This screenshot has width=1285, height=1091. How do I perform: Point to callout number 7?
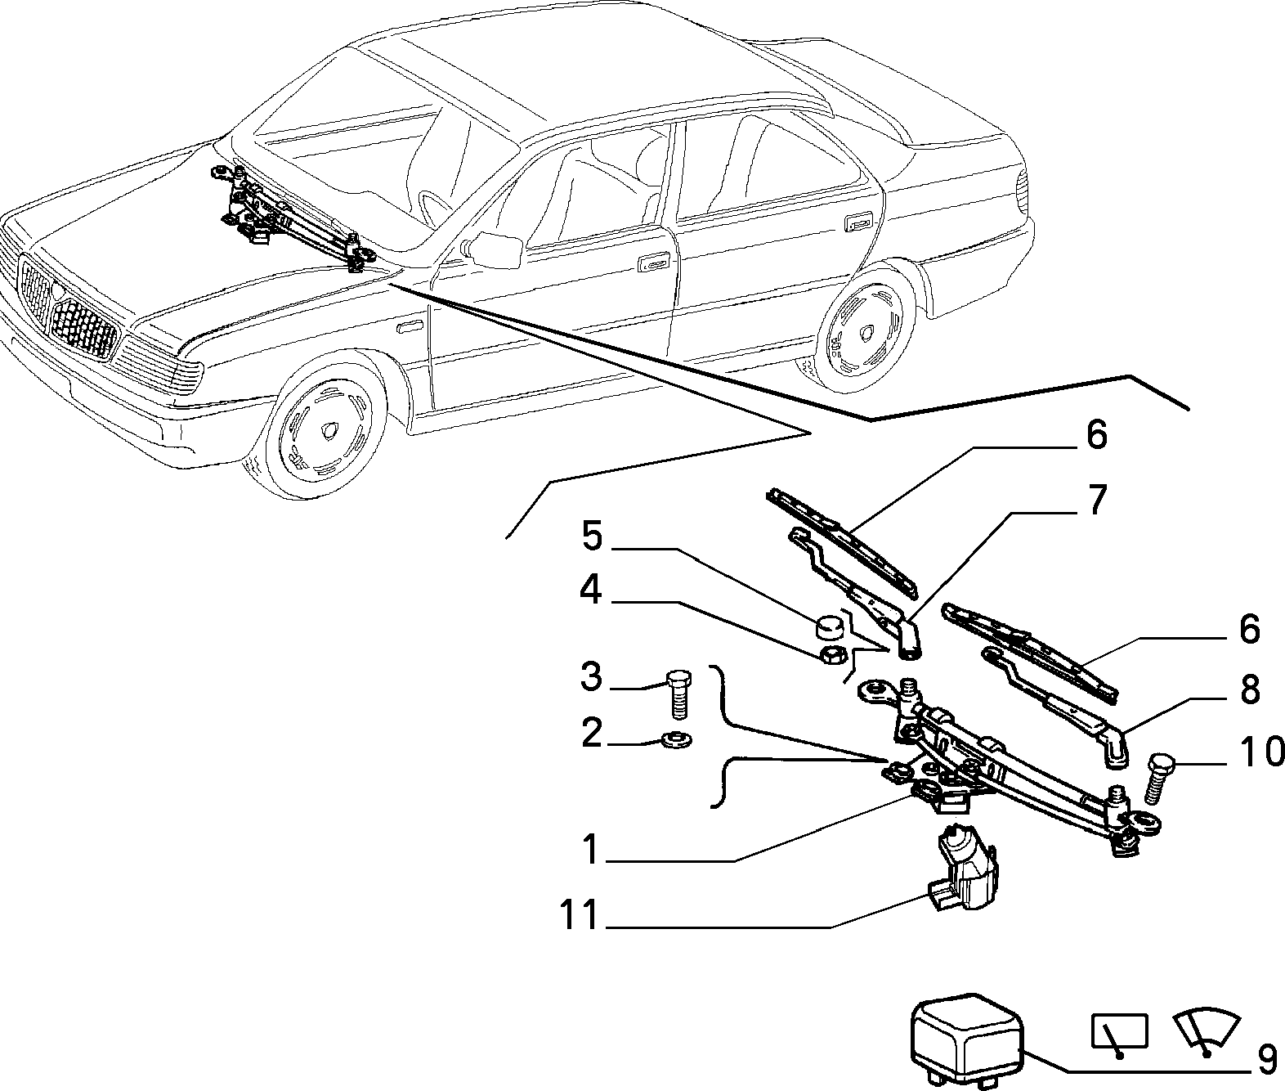pyautogui.click(x=1097, y=500)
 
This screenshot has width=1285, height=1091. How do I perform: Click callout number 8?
pyautogui.click(x=1249, y=689)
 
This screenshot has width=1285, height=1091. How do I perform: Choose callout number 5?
pyautogui.click(x=593, y=536)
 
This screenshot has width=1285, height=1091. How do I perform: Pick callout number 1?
pyautogui.click(x=590, y=850)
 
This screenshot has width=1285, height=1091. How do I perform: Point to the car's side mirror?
pyautogui.click(x=495, y=248)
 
